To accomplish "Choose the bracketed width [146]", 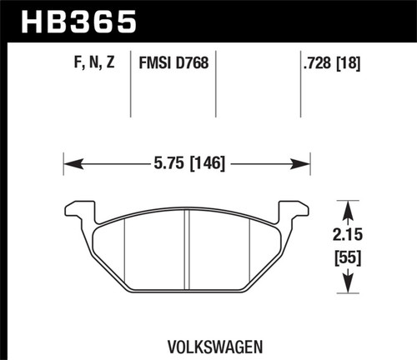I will (x=207, y=162).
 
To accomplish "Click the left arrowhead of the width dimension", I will (x=69, y=162).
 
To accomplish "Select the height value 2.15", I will (x=346, y=235).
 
